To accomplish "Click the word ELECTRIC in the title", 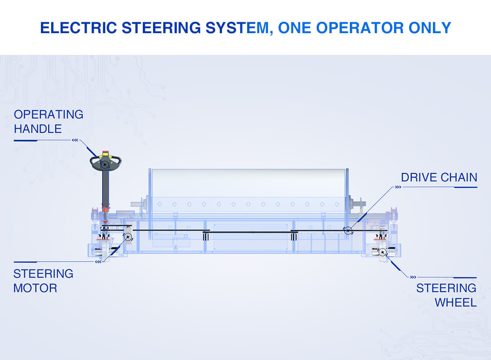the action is point(79,28).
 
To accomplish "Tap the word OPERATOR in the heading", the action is point(360,28).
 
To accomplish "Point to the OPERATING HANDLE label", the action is point(48,122).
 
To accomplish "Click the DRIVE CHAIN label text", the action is point(439,177).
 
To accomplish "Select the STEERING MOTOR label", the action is point(43,281).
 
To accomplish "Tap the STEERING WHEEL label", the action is point(446,295).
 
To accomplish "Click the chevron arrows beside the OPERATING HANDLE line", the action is point(75,140).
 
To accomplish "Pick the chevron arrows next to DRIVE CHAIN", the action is point(398,187).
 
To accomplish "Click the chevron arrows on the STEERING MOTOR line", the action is point(98,262).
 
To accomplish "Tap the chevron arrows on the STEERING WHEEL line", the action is point(413,277).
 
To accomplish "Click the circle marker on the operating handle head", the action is point(105,164).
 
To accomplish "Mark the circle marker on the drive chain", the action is point(348,231).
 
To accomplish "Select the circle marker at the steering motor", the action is point(128,237).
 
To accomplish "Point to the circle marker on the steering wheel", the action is point(383,252).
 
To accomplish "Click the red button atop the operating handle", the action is point(106,153).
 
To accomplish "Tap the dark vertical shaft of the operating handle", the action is point(106,188).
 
